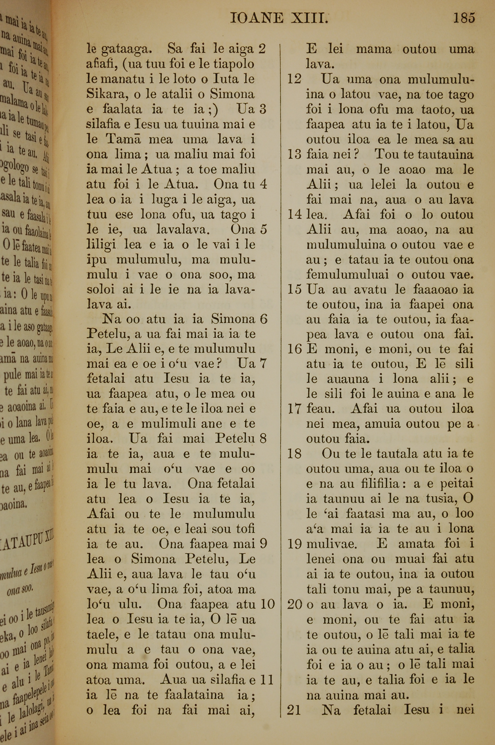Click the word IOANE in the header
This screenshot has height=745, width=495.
pyautogui.click(x=256, y=19)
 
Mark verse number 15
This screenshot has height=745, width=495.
pyautogui.click(x=294, y=290)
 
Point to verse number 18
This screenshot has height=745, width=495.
pyautogui.click(x=294, y=454)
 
